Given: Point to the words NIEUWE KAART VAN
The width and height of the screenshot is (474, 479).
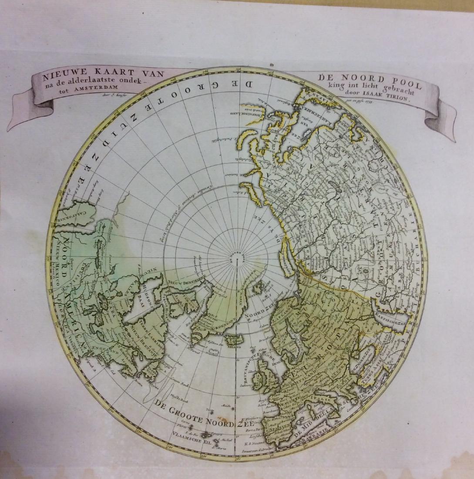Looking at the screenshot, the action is click(x=103, y=75).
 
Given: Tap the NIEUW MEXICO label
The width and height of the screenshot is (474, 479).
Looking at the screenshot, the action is click(x=57, y=270).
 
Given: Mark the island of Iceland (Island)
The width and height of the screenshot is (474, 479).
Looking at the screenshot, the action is click(x=234, y=339).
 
